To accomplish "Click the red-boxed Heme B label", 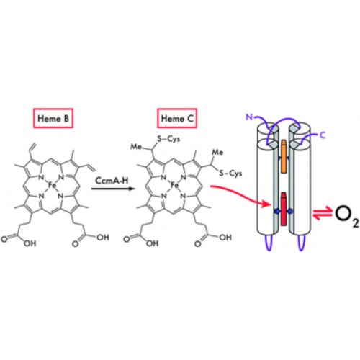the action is pos(53,118).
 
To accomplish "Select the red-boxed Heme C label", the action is pos(177,118).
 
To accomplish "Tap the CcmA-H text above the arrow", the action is pos(112,181).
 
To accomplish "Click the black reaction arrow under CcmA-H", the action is pos(112,189).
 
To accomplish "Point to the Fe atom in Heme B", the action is pos(52,185).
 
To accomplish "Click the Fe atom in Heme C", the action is pos(174,185).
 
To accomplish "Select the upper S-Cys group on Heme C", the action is pos(168,139).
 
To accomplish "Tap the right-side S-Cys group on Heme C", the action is pos(230,173).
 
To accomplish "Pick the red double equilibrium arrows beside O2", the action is pos(323,214).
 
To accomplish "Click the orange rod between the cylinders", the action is pos(284,156).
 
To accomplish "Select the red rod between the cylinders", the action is pos(284,209).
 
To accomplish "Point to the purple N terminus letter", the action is pos(249,117).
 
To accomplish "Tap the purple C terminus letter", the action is pos(323,135).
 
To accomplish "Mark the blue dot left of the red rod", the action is pos(277,211).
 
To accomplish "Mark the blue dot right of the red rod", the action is pos(290,211).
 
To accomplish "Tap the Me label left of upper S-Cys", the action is pos(136,146).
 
